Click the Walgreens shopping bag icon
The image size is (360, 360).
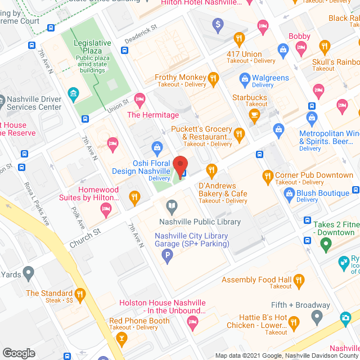click(x=244, y=78)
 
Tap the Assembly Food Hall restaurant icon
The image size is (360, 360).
click(x=299, y=280)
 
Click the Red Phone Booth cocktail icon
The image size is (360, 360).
click(x=120, y=339)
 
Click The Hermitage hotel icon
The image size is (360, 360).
click(x=140, y=99)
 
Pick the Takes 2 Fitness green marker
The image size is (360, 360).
click(x=325, y=244)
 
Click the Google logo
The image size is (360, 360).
click(x=19, y=353)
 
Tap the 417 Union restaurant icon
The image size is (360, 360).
click(x=239, y=39)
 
